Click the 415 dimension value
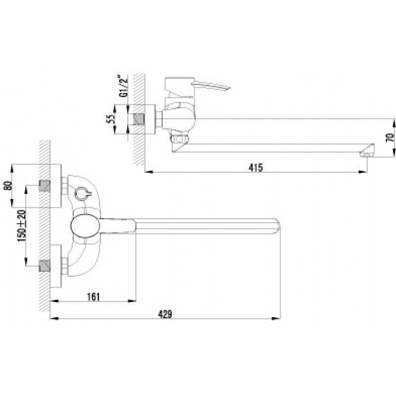pyautogui.click(x=255, y=167)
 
